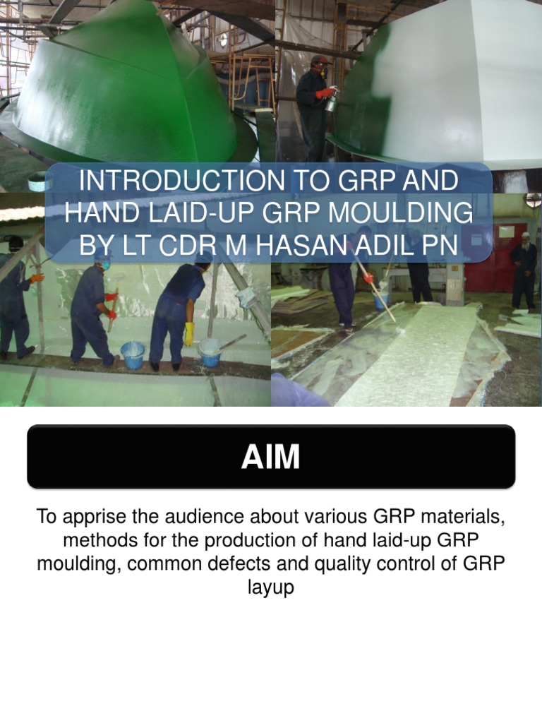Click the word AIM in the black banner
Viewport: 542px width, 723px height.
[x=270, y=458]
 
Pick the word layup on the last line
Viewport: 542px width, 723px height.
[x=270, y=587]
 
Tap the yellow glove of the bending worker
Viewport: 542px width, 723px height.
[x=188, y=333]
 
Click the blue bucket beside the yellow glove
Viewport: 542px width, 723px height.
[x=132, y=354]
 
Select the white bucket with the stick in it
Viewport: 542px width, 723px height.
[x=210, y=352]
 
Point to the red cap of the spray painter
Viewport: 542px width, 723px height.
[x=320, y=60]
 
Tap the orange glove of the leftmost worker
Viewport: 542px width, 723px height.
[x=37, y=278]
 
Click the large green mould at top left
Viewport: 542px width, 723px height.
[x=127, y=92]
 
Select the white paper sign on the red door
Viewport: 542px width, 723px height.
[x=501, y=233]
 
